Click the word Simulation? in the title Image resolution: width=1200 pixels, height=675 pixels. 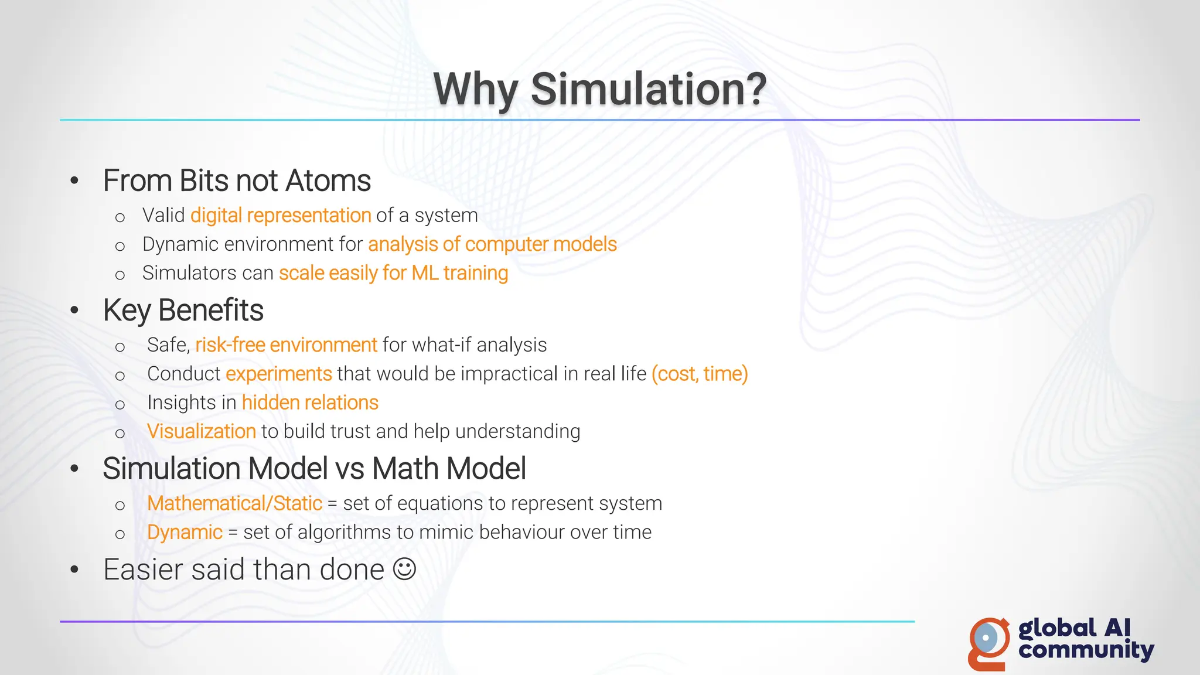click(648, 89)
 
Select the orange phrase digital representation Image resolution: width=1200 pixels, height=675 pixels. click(281, 216)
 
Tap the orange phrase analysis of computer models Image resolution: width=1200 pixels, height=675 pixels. click(492, 244)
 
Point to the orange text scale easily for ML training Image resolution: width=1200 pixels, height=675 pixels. click(393, 273)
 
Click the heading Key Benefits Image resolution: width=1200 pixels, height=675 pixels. click(183, 310)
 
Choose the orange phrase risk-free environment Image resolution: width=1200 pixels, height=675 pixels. click(286, 345)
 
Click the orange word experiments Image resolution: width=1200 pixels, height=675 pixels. click(279, 374)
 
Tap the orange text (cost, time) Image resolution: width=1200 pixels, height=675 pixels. click(700, 374)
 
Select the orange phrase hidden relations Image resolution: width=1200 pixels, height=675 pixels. click(310, 403)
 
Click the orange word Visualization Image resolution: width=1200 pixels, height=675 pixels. click(202, 431)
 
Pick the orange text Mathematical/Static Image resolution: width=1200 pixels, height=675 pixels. click(234, 503)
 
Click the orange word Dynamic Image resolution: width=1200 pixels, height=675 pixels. click(185, 532)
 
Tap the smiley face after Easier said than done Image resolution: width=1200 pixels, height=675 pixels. click(404, 569)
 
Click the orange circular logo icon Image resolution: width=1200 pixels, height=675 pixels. click(988, 642)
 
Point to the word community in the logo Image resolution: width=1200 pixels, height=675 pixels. click(1086, 650)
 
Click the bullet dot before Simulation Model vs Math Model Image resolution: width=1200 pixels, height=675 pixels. click(74, 469)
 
